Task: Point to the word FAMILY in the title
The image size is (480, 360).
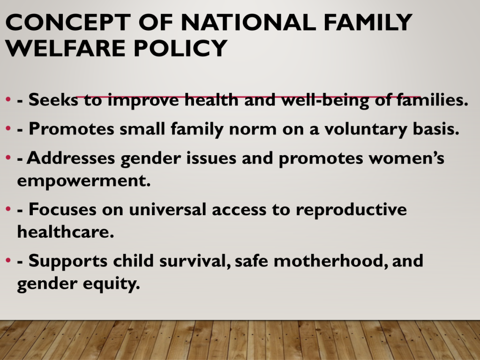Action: pos(368,22)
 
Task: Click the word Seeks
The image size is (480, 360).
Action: pos(53,100)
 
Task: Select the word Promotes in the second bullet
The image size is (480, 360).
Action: pos(71,129)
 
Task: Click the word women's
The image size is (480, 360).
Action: pos(406,158)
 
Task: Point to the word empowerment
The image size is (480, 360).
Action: pos(84,180)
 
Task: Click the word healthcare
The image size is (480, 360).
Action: pos(66,232)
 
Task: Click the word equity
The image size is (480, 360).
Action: pos(112,284)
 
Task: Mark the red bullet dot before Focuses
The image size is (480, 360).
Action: pos(8,210)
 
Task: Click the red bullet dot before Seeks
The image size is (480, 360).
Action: pos(8,99)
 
